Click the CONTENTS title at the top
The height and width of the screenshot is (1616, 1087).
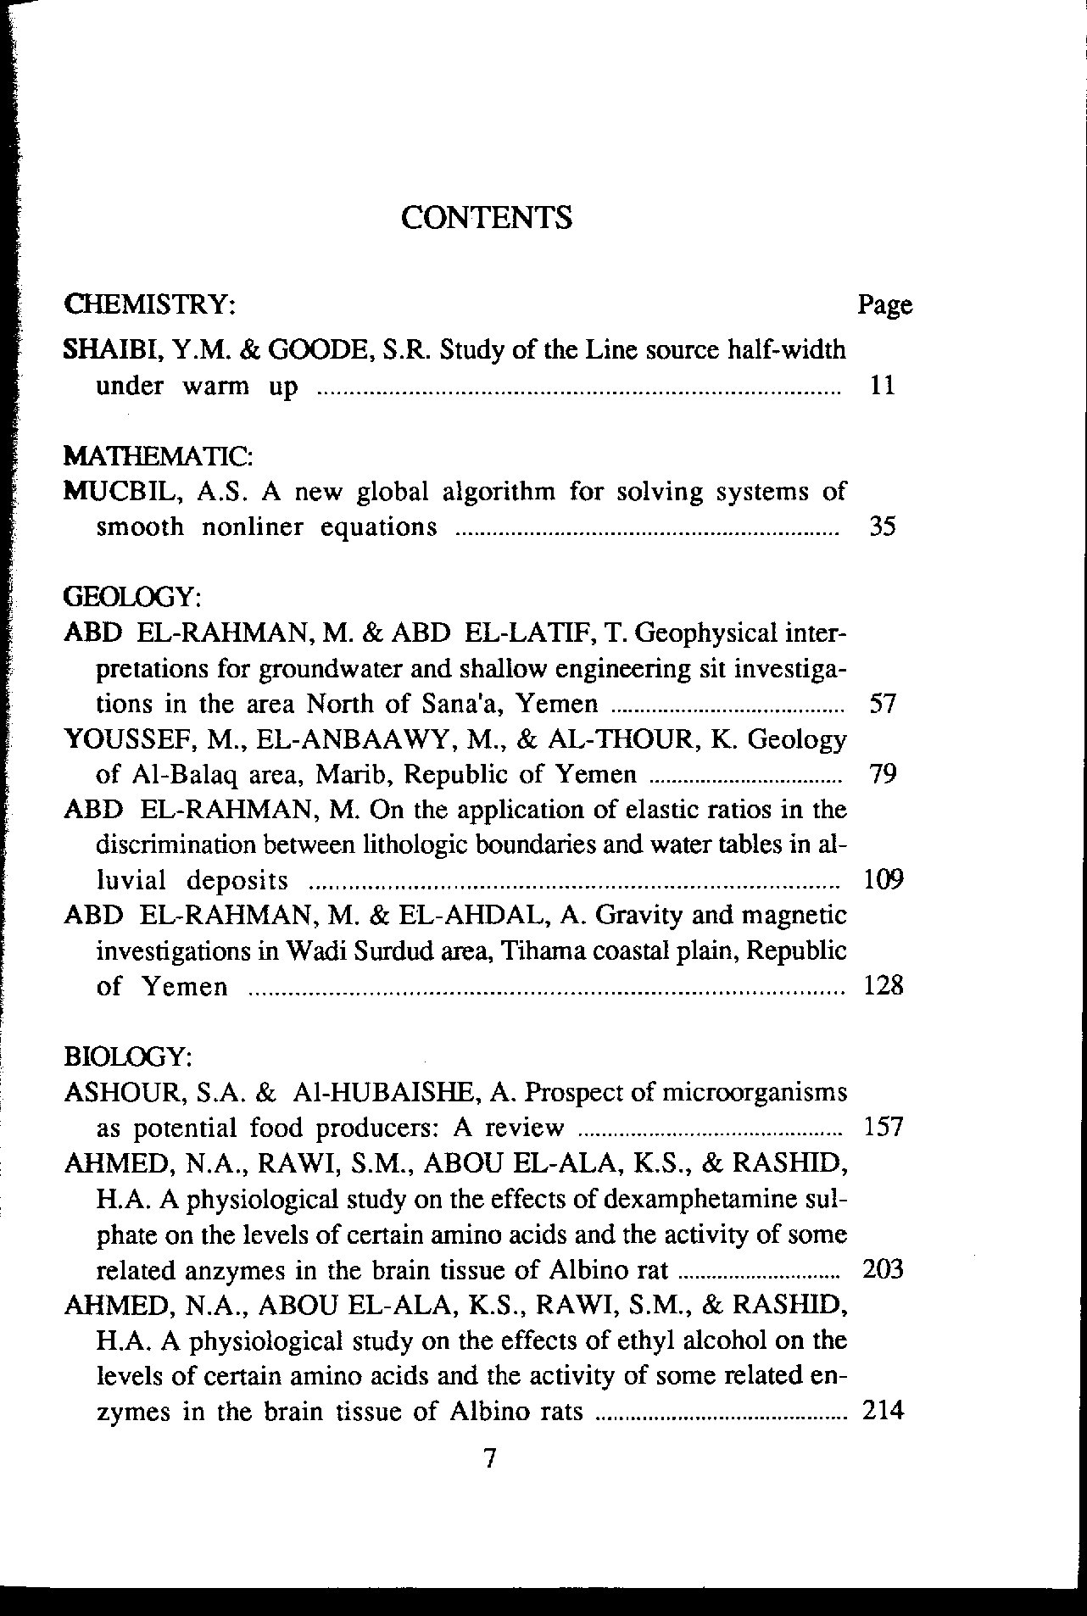(486, 218)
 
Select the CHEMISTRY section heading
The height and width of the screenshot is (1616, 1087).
(149, 304)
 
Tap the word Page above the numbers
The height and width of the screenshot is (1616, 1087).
(885, 304)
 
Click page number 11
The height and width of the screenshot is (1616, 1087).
(884, 386)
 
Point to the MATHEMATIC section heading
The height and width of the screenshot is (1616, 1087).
(157, 455)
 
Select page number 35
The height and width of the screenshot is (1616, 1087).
(884, 527)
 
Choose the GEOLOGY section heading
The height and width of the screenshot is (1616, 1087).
(132, 597)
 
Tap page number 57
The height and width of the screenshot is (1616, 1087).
(884, 704)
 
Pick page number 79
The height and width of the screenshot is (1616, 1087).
(884, 774)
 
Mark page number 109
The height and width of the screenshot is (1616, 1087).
(883, 879)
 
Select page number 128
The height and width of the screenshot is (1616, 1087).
(883, 986)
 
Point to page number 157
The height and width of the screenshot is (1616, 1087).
(883, 1128)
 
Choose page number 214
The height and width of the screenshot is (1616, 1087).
(883, 1411)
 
